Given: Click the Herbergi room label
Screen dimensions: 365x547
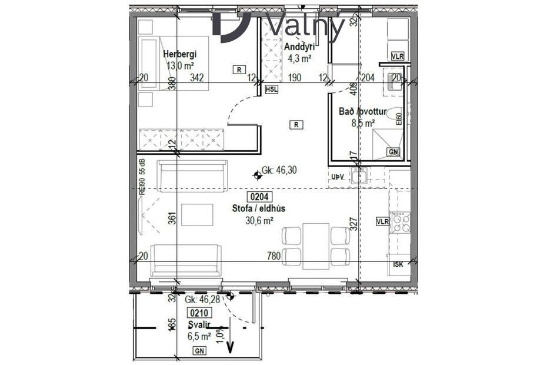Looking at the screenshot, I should (179, 54).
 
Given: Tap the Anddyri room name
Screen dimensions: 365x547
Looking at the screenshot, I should (298, 47).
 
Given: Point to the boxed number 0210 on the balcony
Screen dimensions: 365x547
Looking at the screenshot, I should (197, 313).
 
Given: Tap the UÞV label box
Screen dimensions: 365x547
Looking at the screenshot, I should (338, 177).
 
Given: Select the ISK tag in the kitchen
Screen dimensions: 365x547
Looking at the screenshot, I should (398, 264).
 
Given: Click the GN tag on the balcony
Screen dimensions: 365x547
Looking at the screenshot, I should (199, 351).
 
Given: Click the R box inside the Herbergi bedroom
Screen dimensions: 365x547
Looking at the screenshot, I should (239, 69).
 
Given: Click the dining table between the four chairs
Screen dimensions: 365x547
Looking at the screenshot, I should (316, 245).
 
